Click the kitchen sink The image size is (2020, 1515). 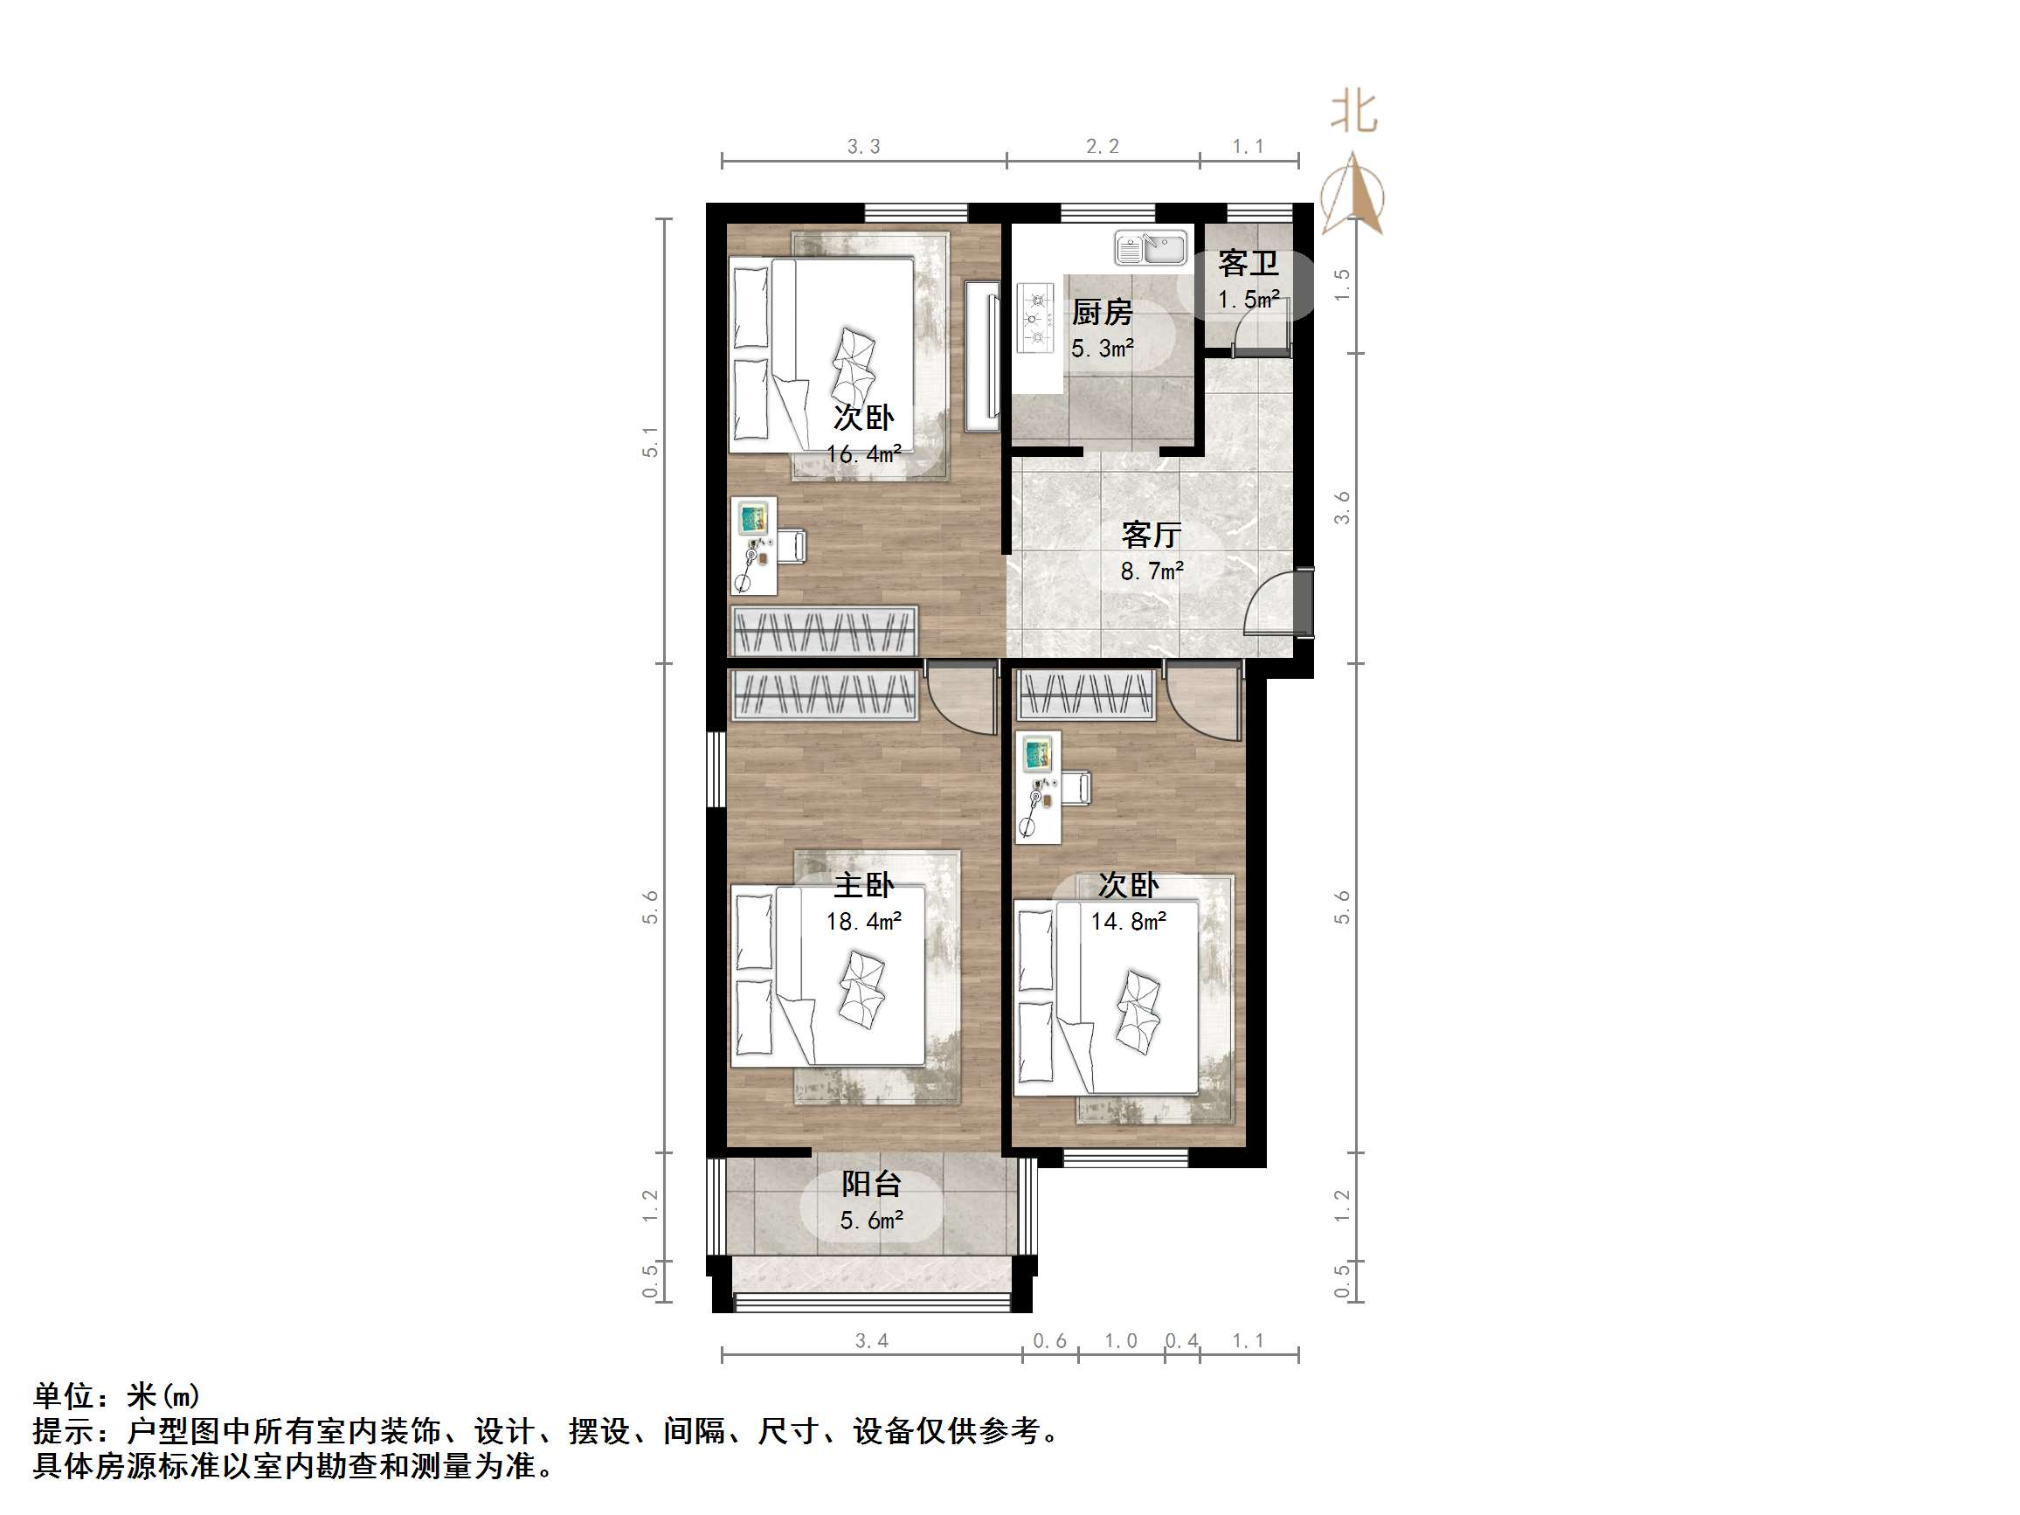(1151, 247)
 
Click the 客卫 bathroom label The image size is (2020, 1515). (1248, 264)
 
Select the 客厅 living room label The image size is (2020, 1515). (1152, 534)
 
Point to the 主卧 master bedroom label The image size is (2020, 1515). (864, 885)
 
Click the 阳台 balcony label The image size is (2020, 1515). (871, 1185)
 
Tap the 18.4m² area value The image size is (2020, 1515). (864, 922)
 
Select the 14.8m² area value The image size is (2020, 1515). (1128, 922)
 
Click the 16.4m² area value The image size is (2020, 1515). (864, 453)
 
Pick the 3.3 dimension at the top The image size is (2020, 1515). (864, 146)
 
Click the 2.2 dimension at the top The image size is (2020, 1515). (1103, 146)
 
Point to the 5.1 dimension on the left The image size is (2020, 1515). (650, 442)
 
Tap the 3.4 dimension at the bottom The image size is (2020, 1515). (871, 1340)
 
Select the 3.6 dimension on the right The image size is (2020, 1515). (1341, 508)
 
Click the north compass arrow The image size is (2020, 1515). (1354, 197)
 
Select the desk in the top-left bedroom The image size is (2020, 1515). (755, 545)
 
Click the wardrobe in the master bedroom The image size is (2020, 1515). (824, 695)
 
